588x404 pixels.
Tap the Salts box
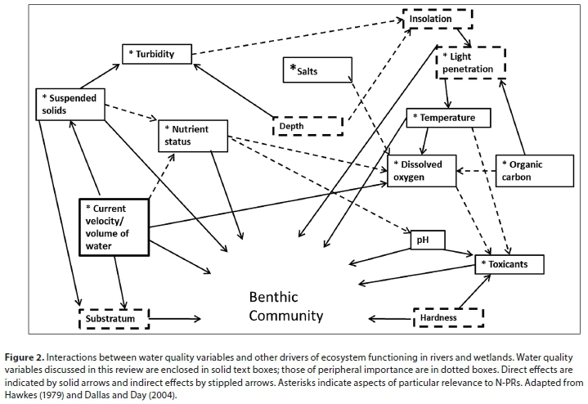(318, 71)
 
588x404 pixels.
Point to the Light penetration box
(471, 64)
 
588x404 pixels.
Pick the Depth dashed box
(307, 125)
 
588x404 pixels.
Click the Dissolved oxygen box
(420, 170)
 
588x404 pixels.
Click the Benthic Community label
(286, 306)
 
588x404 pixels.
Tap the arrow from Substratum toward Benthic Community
(176, 317)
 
